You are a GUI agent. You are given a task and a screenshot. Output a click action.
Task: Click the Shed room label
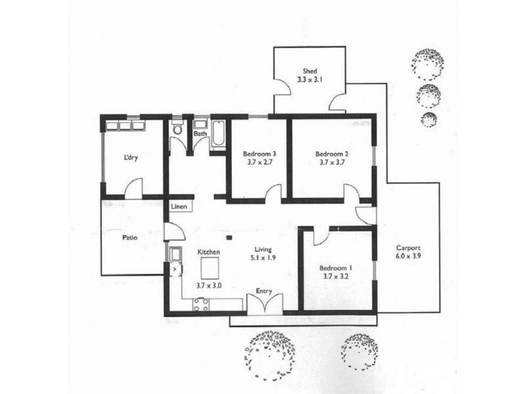(x=310, y=71)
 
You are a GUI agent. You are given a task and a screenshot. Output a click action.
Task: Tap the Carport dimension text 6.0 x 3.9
(x=408, y=256)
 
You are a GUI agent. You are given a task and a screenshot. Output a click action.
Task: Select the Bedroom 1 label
(x=335, y=268)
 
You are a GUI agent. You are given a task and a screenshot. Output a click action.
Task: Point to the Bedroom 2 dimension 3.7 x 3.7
(x=332, y=162)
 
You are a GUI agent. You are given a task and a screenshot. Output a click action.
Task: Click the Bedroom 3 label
(x=259, y=154)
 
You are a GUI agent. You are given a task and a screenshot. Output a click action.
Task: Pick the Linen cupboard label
(x=179, y=206)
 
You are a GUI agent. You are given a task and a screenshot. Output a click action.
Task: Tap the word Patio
(x=129, y=238)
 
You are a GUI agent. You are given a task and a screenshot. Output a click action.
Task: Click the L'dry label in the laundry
(x=131, y=158)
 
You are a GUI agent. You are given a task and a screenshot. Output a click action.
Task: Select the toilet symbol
(x=177, y=129)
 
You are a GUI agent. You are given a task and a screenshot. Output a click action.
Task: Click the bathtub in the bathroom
(x=219, y=134)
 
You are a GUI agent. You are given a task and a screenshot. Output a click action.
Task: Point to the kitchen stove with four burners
(x=201, y=305)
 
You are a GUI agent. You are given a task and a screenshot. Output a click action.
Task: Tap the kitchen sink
(x=175, y=253)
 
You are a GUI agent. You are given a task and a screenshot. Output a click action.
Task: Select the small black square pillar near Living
(x=229, y=238)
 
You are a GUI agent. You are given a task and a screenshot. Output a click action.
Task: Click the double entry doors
(x=265, y=304)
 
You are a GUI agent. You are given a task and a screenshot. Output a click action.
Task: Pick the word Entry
(x=264, y=291)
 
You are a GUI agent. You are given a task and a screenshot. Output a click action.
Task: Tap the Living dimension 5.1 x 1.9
(x=263, y=257)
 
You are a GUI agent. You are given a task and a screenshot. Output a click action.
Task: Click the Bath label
(x=200, y=133)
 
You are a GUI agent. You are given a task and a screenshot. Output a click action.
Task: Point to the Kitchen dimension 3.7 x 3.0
(x=209, y=286)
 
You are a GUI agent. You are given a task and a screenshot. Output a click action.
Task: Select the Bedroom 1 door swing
(x=321, y=237)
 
